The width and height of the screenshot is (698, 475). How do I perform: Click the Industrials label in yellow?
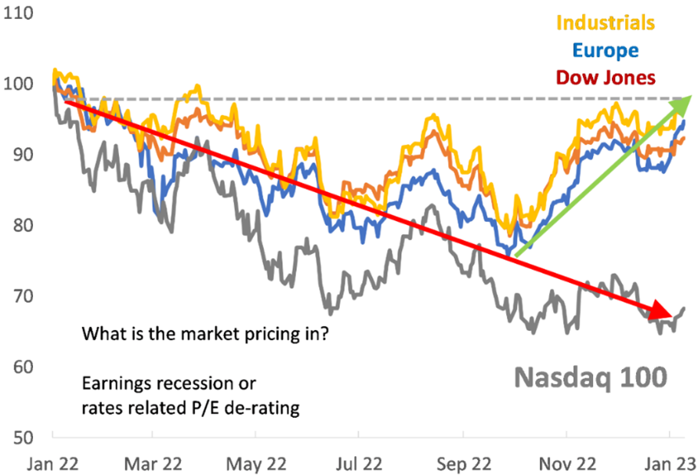(x=605, y=21)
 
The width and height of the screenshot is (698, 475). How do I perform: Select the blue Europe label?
(x=605, y=50)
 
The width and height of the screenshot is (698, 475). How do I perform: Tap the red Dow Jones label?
(x=605, y=78)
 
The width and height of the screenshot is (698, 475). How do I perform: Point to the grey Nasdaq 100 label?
(x=591, y=376)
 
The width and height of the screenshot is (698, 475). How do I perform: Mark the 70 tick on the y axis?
(x=21, y=296)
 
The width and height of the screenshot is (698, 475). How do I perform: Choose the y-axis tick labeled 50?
(x=21, y=437)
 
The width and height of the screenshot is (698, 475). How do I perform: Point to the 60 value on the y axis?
(x=21, y=367)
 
